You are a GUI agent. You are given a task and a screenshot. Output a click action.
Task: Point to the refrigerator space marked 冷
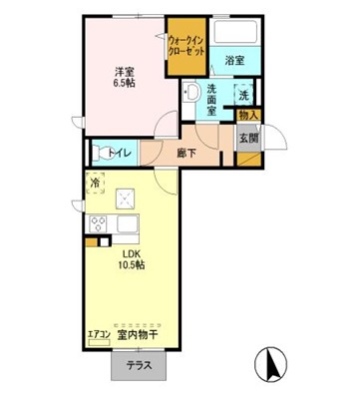point(95,183)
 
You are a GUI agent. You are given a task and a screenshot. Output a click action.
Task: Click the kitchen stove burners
point(99,222)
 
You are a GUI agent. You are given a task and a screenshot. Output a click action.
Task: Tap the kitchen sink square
point(126,197)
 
